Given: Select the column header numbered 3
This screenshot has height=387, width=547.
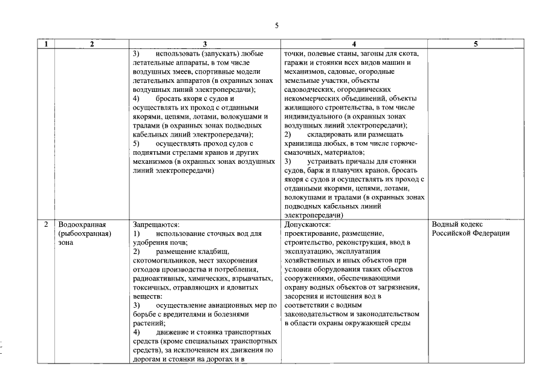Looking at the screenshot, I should tap(205, 44).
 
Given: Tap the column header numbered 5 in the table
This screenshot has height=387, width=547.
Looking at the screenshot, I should tap(476, 44).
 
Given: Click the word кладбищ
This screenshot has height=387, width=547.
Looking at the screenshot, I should tap(216, 251).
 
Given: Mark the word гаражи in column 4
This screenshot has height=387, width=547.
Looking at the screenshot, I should tap(296, 62).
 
